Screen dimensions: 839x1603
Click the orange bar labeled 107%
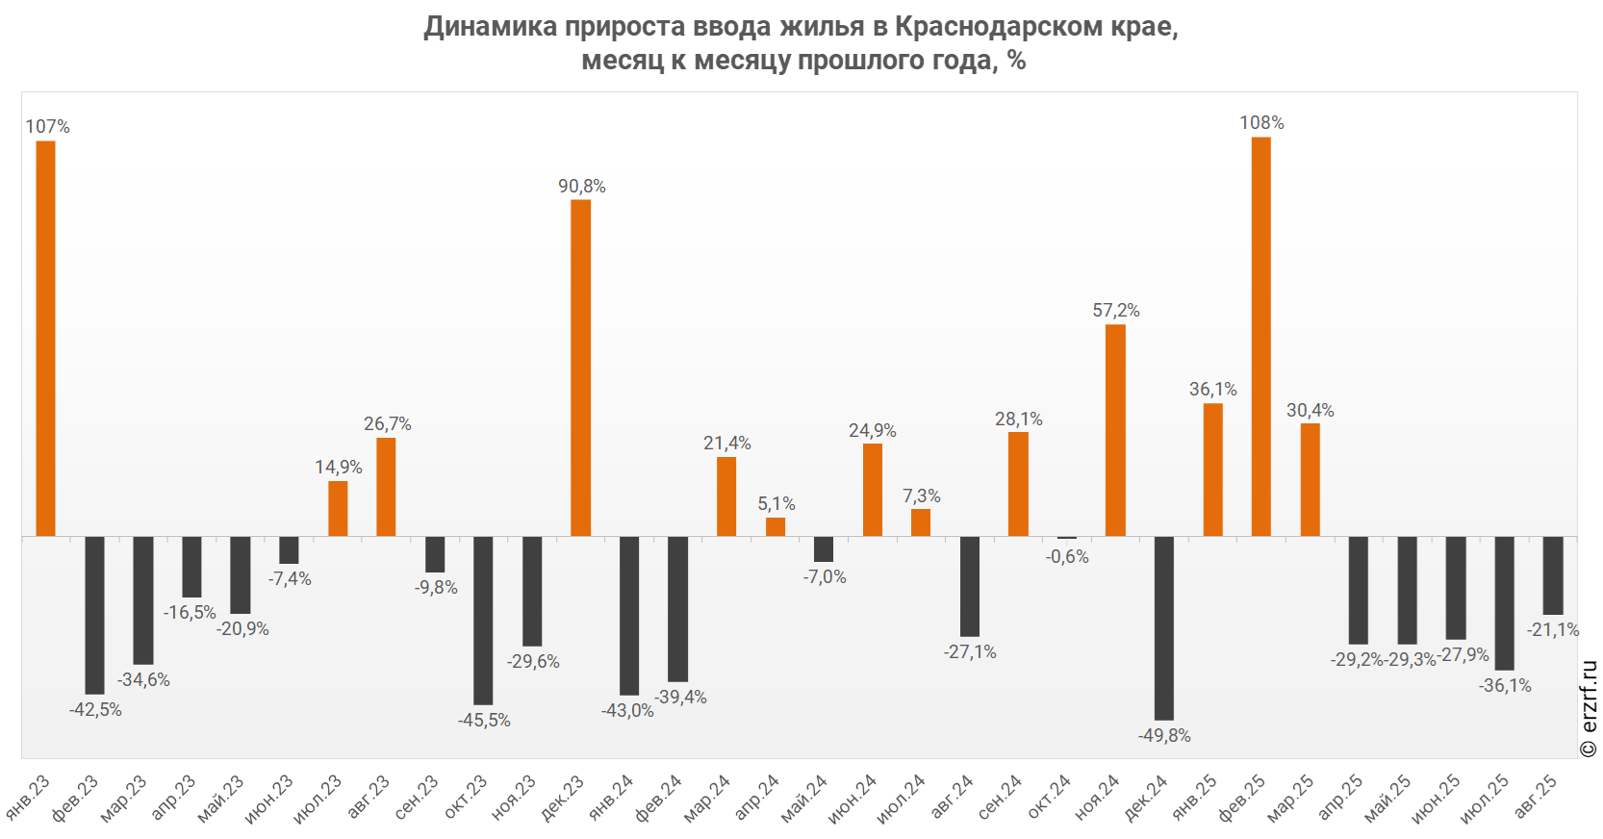(x=45, y=338)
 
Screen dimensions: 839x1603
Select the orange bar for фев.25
(x=1260, y=336)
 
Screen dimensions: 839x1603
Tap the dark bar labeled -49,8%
(x=1163, y=627)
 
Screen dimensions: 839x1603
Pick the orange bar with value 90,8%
(x=580, y=368)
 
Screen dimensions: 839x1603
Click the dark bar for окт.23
(x=483, y=620)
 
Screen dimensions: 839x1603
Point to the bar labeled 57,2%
(x=1115, y=430)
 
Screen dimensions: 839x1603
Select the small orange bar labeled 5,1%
(x=776, y=526)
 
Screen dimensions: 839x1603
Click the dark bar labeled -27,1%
(x=970, y=586)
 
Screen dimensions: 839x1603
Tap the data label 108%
(x=1261, y=123)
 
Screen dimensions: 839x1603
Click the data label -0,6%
(x=1067, y=557)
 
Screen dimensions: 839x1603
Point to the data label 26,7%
(x=387, y=424)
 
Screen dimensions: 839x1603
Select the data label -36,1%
(x=1505, y=686)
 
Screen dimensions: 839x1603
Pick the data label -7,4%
(x=290, y=579)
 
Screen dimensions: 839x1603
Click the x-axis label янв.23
(x=29, y=797)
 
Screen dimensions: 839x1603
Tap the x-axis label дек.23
(x=564, y=797)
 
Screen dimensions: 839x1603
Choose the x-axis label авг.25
(x=1537, y=797)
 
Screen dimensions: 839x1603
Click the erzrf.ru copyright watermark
(x=1589, y=709)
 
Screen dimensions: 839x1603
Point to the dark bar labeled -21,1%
(x=1552, y=575)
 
